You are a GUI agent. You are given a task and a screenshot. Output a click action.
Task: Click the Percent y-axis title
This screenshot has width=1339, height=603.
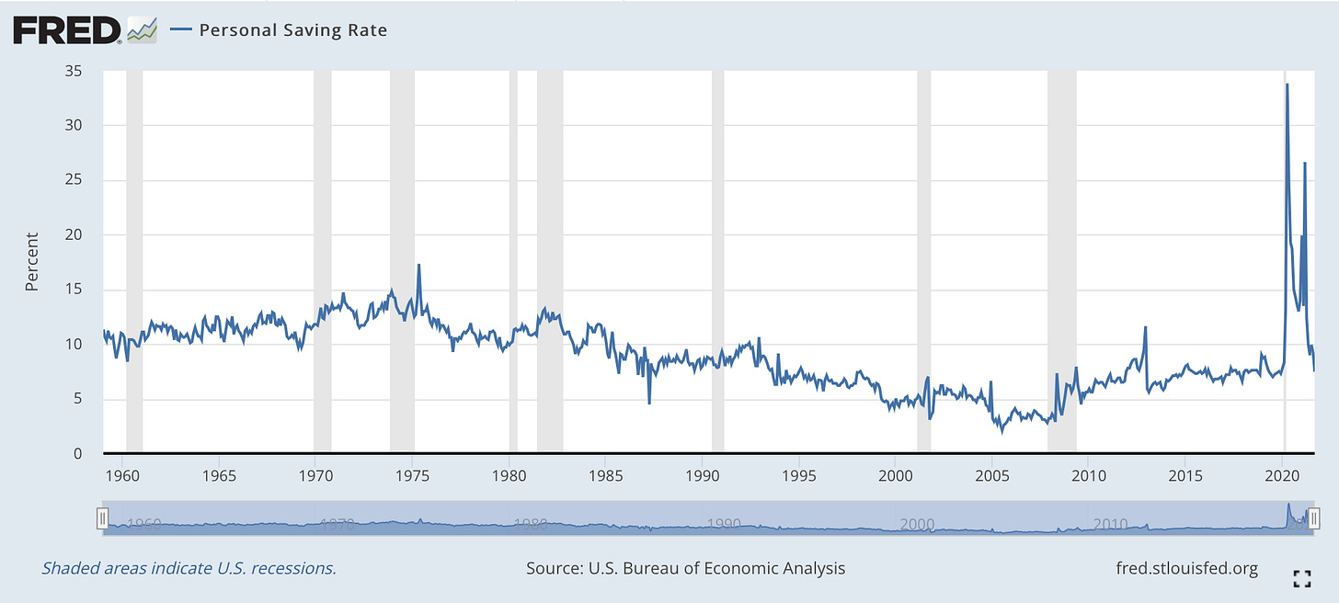click(32, 262)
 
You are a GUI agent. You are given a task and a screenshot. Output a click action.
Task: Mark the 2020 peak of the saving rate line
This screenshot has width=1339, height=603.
click(1287, 85)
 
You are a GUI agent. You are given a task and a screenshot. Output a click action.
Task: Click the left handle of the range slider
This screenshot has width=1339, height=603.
click(103, 517)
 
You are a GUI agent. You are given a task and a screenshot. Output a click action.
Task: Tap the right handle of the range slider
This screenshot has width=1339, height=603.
click(1314, 517)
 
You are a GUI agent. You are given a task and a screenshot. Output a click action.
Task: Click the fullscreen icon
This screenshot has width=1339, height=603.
click(1301, 578)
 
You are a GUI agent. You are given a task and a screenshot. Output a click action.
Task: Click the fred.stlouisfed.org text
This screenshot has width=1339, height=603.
click(1185, 568)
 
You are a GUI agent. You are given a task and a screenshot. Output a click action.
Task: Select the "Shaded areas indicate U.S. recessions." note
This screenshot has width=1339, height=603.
click(189, 568)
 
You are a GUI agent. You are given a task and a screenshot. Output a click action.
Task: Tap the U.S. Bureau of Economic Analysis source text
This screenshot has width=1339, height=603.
click(685, 568)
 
